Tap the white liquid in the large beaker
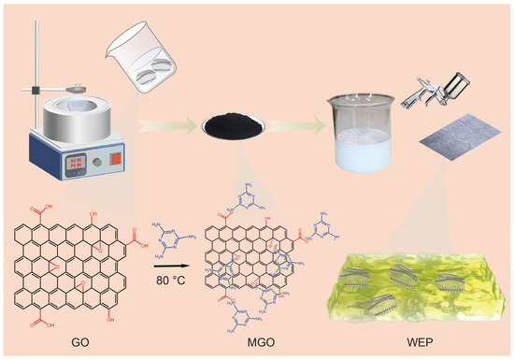click(x=363, y=150)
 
